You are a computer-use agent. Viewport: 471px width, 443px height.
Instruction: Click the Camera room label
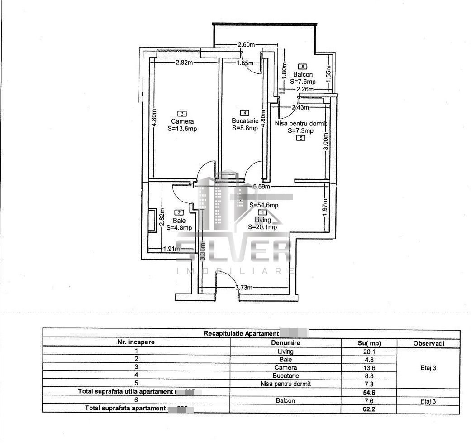coord(182,121)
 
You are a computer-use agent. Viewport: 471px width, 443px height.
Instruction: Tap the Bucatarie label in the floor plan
coord(245,121)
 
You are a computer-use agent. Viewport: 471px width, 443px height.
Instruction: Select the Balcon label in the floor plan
coord(303,75)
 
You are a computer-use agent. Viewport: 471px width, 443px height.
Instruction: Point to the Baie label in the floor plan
coord(179,221)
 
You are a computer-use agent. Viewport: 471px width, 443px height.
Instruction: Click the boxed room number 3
coord(182,114)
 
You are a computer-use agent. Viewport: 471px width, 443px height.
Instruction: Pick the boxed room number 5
coord(301,138)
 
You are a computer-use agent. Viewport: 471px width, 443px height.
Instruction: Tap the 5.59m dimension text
coord(261,186)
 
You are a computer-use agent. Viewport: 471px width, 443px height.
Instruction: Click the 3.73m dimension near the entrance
coord(243,288)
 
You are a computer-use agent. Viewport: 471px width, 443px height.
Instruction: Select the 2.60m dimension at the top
coord(246,44)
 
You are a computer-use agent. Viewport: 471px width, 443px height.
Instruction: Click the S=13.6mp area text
coord(182,129)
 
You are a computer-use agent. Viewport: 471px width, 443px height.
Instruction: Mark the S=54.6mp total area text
coord(264,205)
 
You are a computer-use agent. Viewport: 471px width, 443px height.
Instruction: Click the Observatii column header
coord(428,343)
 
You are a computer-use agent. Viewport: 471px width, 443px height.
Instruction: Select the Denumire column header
coord(285,343)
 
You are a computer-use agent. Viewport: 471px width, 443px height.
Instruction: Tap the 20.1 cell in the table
coord(369,352)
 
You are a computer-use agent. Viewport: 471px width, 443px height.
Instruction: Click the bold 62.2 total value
coord(369,409)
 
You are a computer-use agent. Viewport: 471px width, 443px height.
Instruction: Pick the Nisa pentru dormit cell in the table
coord(285,384)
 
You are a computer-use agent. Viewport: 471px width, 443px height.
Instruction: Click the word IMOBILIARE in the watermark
coord(235,271)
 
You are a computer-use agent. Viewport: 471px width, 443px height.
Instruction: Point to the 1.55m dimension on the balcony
coord(328,71)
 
